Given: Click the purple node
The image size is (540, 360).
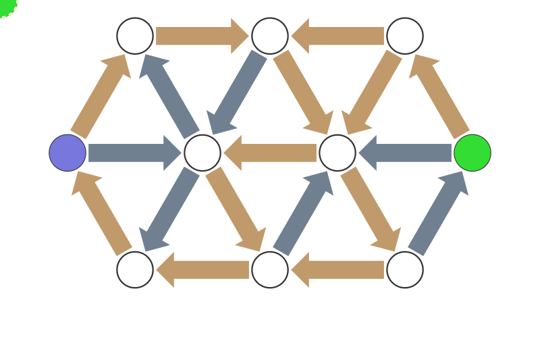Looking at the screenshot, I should (67, 153).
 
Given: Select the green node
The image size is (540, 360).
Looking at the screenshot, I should (473, 153).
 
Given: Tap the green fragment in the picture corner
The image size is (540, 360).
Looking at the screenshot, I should (5, 5).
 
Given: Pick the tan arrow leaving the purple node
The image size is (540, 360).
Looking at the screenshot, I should (101, 95).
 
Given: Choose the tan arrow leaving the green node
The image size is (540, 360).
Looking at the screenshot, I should (439, 94).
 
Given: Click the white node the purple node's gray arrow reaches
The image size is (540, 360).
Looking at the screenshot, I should (202, 153).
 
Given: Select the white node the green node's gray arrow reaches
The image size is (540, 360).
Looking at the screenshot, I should (337, 153).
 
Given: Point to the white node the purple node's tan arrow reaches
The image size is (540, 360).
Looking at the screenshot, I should (135, 36).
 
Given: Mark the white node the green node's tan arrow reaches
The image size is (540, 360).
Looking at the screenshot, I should (405, 36).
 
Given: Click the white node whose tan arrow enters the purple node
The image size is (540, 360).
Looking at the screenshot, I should (135, 269).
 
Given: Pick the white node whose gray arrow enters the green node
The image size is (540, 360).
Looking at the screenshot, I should (405, 269).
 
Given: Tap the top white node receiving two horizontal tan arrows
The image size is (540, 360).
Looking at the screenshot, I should (270, 36).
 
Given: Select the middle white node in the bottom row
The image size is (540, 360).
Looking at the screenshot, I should (270, 269).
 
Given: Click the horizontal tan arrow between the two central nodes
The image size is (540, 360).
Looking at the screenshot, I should (270, 153).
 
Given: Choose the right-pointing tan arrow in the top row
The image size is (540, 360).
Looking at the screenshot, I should (202, 36).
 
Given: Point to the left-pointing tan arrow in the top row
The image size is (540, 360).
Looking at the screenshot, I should (337, 36).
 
